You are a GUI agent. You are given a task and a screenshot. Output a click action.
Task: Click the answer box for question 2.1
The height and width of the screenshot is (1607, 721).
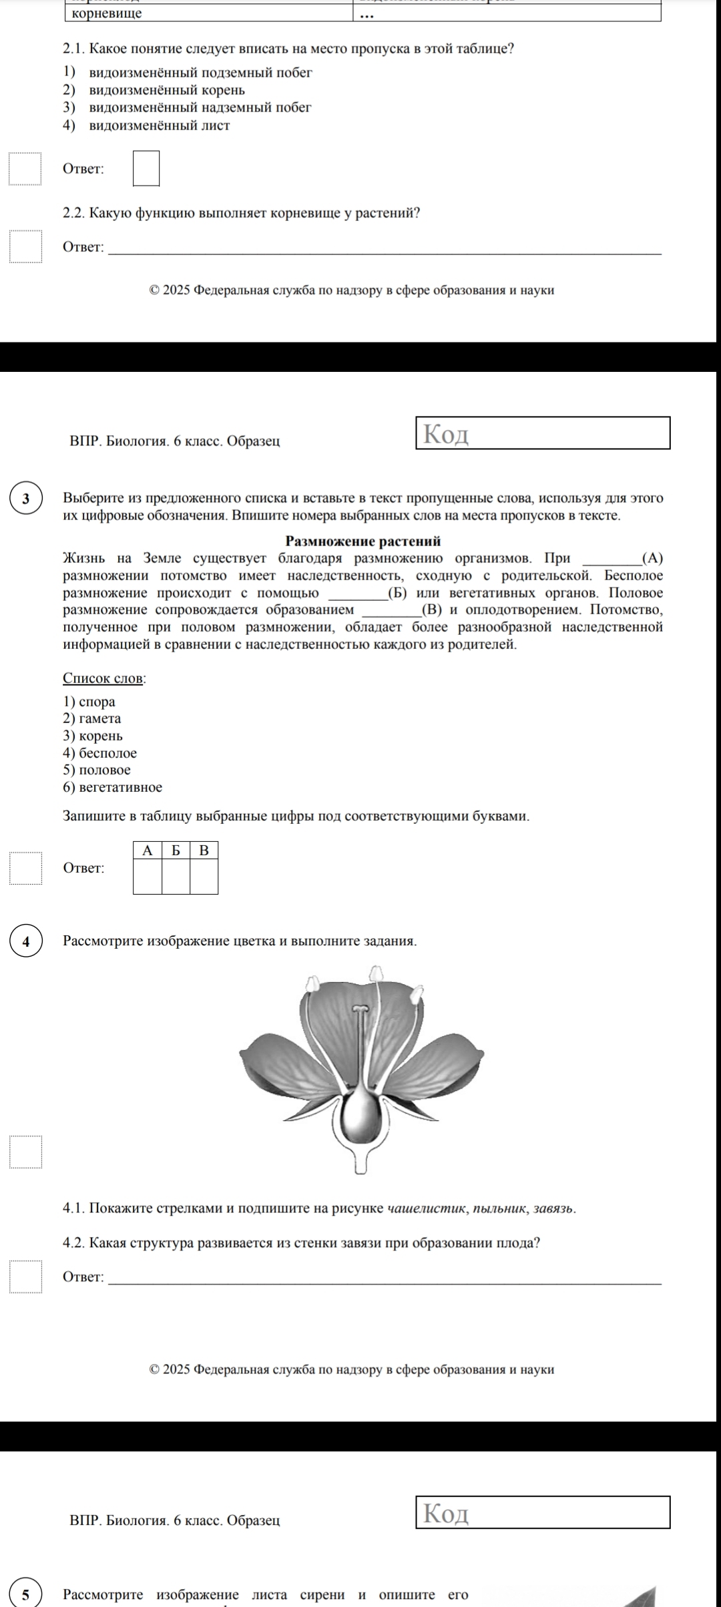[x=146, y=168]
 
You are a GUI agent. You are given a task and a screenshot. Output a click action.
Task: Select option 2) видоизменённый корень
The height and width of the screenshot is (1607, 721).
[x=167, y=90]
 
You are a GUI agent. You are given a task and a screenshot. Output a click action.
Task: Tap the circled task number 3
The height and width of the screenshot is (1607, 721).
[x=26, y=499]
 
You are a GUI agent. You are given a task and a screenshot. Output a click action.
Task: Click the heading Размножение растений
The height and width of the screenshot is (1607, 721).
[x=363, y=541]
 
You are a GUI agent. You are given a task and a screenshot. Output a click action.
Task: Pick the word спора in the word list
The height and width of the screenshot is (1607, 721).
[x=97, y=702]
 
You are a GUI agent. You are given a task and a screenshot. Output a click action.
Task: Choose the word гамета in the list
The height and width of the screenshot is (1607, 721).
[x=100, y=719]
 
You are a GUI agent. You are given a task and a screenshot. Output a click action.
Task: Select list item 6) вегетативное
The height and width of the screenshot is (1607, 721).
[x=113, y=788]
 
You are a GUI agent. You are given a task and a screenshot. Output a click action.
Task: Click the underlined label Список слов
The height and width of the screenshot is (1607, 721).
[x=103, y=678]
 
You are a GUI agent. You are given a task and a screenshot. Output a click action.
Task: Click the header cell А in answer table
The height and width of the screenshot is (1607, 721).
[x=148, y=851]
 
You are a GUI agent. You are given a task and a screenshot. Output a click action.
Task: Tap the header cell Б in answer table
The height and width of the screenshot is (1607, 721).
[x=176, y=851]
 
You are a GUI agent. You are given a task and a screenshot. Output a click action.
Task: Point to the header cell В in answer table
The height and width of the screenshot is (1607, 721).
[x=204, y=851]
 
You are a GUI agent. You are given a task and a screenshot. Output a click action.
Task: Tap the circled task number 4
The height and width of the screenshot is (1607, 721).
[x=26, y=941]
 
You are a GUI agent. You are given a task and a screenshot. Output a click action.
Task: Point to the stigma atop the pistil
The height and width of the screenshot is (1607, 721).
[x=360, y=1007]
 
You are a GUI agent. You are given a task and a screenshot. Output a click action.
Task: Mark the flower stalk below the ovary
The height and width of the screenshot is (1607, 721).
[x=360, y=1159]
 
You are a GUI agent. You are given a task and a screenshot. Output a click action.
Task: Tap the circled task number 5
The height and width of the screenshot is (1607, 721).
[x=26, y=1595]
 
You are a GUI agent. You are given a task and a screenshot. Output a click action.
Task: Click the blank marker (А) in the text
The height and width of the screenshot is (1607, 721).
[x=652, y=559]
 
